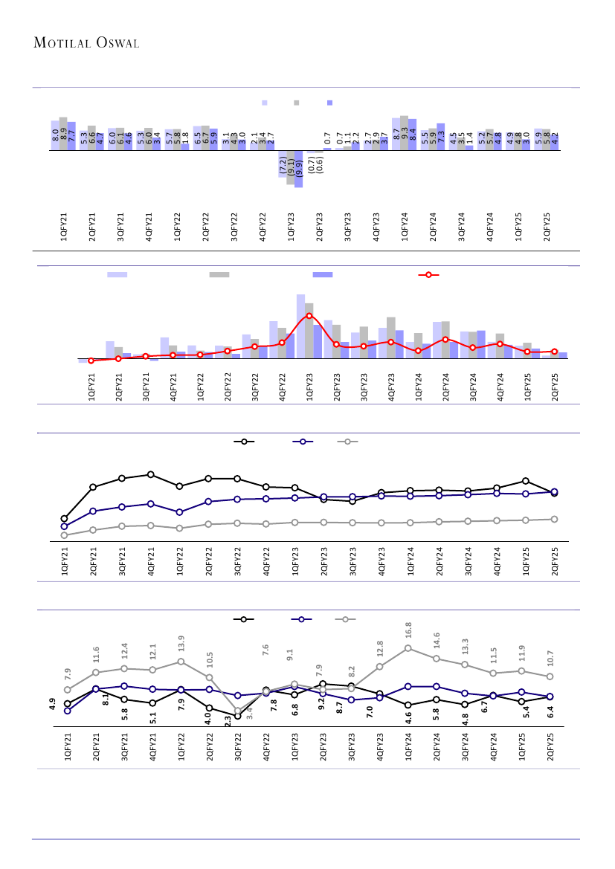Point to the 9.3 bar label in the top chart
[x=404, y=134]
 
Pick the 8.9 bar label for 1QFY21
[x=63, y=134]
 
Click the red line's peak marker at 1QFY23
[x=309, y=316]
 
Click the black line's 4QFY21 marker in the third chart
[x=151, y=474]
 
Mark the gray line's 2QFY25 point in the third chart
[x=554, y=519]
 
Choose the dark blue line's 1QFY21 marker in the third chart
[x=64, y=526]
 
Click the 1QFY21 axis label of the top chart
[x=63, y=226]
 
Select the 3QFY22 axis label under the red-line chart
[x=255, y=387]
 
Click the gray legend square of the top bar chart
[x=296, y=103]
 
